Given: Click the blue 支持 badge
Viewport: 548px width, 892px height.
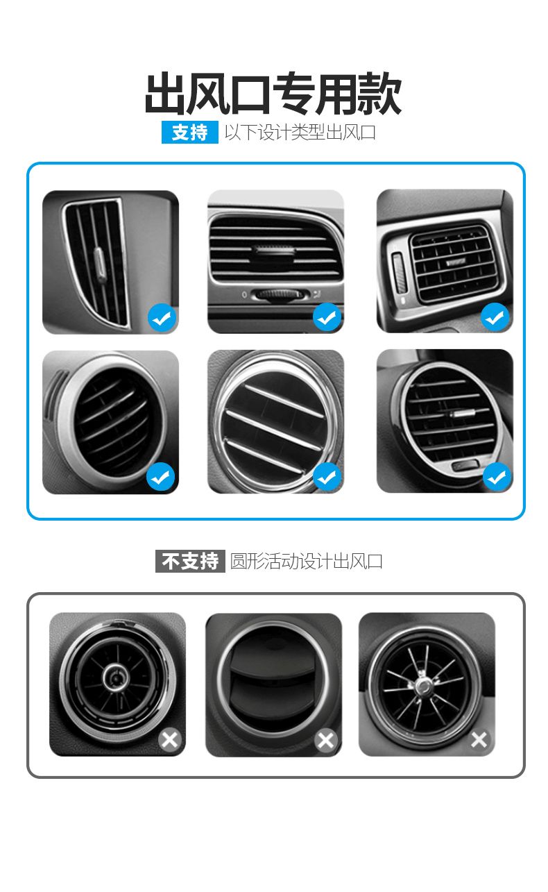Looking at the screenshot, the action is point(190,132).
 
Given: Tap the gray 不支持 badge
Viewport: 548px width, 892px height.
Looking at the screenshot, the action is point(190,561).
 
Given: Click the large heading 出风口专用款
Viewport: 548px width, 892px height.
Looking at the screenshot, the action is point(273,94).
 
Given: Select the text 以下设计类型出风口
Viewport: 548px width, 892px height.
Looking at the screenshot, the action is point(300,132).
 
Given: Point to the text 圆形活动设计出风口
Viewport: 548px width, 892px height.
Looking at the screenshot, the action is point(307,561).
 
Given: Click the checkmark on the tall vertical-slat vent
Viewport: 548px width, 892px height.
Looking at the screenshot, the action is point(162,317).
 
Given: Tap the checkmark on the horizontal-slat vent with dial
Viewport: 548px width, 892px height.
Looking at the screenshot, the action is point(327,317).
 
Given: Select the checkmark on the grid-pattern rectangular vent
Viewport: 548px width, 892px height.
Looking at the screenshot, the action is point(495,317).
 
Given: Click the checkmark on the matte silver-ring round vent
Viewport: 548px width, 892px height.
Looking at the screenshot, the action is point(161,477).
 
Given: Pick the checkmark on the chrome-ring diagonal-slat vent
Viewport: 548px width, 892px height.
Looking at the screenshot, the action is point(327,477).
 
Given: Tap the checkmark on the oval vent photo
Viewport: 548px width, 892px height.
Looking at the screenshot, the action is point(497,477).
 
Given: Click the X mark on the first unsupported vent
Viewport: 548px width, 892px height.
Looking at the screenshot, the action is point(171,740).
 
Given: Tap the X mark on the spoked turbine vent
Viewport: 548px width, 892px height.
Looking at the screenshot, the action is point(479,740).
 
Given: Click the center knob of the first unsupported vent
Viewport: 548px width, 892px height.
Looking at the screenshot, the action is point(116,677).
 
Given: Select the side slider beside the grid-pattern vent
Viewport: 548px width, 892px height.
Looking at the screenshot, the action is point(399,273).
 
